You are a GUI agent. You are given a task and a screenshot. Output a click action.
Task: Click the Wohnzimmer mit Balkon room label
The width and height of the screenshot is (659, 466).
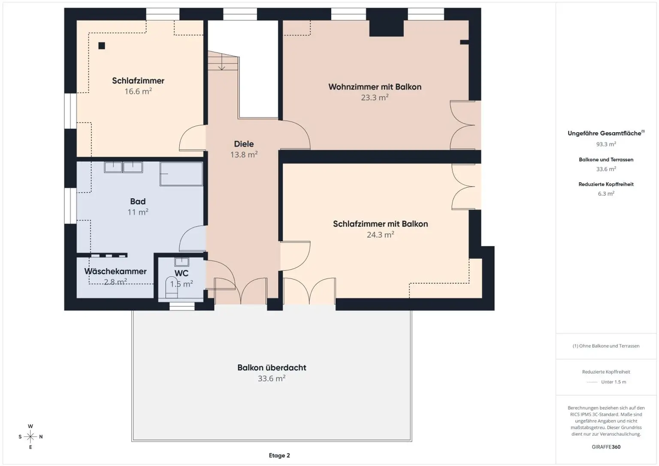(x=375, y=87)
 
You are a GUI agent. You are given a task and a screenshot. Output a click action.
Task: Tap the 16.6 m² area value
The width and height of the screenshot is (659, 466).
(x=138, y=91)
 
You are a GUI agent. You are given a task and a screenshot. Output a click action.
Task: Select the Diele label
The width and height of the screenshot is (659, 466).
(x=244, y=144)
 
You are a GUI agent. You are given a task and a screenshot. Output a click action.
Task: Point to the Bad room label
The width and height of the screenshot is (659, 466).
(x=138, y=202)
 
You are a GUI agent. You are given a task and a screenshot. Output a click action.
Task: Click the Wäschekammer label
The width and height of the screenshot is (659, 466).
(x=115, y=271)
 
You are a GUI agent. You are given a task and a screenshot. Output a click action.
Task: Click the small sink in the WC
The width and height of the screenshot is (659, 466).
(x=181, y=262)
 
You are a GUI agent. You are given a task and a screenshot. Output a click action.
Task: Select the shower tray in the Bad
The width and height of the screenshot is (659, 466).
(x=181, y=174)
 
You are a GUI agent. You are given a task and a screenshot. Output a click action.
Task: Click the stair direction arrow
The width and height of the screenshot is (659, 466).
(x=221, y=62)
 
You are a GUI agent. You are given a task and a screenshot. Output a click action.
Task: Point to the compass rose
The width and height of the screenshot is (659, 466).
(x=30, y=436)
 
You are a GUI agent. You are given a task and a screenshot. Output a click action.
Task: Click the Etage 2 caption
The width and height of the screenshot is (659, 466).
(x=279, y=455)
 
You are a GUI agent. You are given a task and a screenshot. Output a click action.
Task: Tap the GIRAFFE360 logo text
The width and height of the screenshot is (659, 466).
(x=606, y=447)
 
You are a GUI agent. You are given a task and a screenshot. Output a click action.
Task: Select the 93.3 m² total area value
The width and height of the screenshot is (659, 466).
(x=606, y=144)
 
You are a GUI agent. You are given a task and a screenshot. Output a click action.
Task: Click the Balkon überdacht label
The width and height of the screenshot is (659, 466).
(x=272, y=368)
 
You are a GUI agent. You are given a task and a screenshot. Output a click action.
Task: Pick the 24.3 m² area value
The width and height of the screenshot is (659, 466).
(x=381, y=234)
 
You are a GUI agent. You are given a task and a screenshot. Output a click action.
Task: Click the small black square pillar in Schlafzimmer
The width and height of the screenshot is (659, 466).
(x=102, y=45)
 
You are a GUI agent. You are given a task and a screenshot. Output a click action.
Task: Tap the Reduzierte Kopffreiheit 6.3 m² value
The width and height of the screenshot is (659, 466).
(x=606, y=194)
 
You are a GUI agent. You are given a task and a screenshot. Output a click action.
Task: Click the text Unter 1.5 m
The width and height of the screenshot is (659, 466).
(x=614, y=382)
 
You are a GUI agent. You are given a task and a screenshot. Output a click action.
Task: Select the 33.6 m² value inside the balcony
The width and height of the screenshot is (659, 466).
(x=272, y=378)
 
